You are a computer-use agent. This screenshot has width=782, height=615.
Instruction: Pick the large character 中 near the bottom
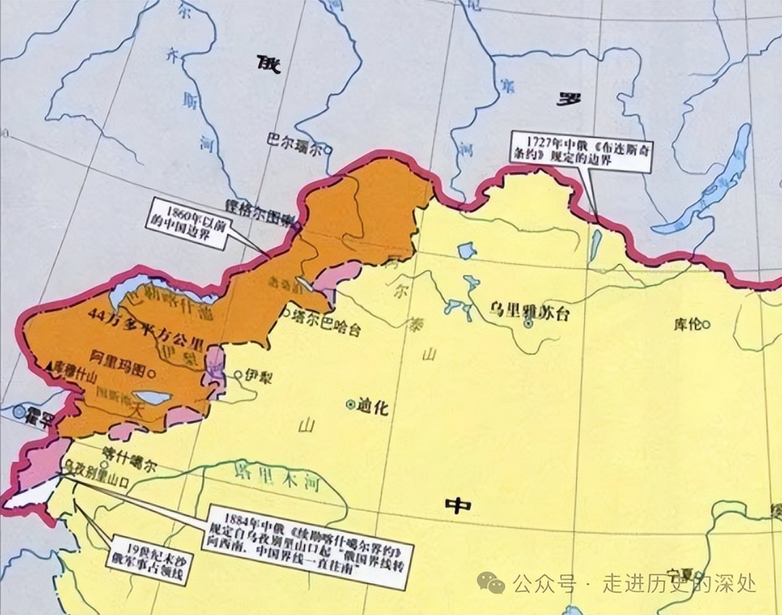[x=458, y=506]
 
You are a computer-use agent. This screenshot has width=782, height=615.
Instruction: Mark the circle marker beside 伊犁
[x=238, y=376]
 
